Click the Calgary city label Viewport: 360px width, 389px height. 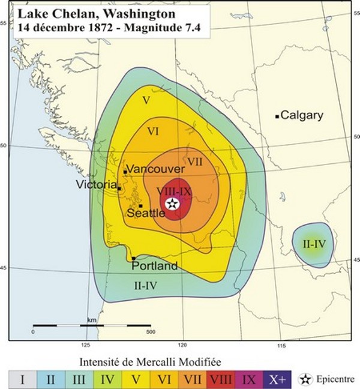(x=302, y=115)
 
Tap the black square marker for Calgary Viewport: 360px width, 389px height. (x=277, y=116)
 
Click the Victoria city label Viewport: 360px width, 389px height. (x=96, y=184)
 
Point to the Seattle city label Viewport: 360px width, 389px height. (x=146, y=213)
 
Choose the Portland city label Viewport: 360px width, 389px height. (x=154, y=265)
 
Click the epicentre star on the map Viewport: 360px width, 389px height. (x=172, y=204)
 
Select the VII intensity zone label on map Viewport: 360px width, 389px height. (x=195, y=162)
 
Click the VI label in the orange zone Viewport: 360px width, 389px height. (x=153, y=131)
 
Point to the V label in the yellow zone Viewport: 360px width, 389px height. (x=146, y=100)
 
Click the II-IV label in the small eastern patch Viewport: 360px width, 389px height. (x=314, y=244)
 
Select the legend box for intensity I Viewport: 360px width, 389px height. (x=23, y=379)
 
